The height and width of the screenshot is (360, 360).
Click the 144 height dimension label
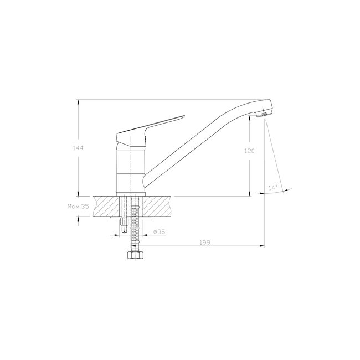coord(78,148)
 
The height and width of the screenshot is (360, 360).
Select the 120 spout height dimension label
coord(249,151)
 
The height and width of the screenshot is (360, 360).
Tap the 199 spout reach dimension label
coord(205,243)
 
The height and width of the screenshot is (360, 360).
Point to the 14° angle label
coord(273,188)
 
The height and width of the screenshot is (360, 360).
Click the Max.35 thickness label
coord(78,207)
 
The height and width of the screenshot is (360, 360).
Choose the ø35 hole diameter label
coord(160,232)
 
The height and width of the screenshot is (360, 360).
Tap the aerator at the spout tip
coord(264,114)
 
